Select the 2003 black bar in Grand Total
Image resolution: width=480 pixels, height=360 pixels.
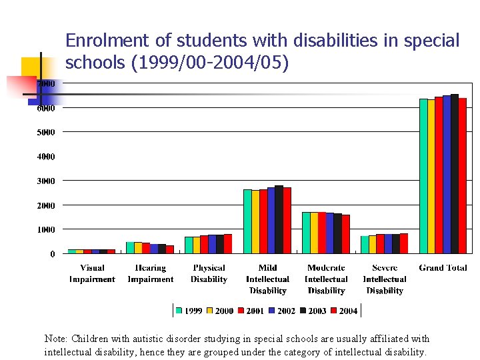click(x=455, y=173)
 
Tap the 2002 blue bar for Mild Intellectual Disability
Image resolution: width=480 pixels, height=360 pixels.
click(x=271, y=220)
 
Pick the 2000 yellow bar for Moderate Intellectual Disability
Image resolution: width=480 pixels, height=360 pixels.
click(x=314, y=233)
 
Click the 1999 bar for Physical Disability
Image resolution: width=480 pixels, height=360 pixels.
click(x=189, y=245)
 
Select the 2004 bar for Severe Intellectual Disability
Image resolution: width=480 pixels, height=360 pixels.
click(x=404, y=243)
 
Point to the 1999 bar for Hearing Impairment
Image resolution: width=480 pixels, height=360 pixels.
click(x=130, y=247)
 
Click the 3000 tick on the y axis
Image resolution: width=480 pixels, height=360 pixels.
click(x=46, y=181)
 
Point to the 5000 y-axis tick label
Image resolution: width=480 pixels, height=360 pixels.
click(x=46, y=132)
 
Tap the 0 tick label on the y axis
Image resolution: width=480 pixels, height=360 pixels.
click(x=52, y=254)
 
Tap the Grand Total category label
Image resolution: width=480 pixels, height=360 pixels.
click(x=443, y=268)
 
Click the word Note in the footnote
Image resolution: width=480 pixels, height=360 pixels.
click(x=55, y=339)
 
